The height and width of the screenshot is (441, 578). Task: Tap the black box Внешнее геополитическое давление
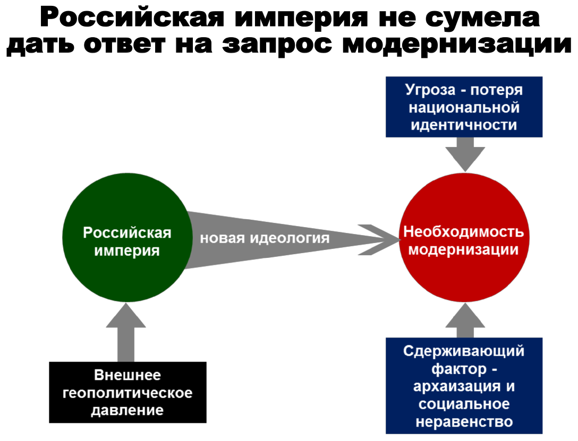pos(127,393)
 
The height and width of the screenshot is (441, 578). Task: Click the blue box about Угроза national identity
pos(464,107)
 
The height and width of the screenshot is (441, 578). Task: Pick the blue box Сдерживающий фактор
pos(464,386)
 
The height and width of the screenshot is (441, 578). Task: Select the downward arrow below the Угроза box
pos(464,154)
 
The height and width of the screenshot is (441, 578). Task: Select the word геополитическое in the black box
pos(127,393)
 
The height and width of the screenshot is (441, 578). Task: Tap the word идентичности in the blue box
pos(464,125)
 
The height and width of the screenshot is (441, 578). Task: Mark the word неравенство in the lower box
pos(464,421)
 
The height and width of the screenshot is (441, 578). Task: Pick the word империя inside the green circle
pos(127,250)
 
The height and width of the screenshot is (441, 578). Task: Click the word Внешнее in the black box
pos(127,376)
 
